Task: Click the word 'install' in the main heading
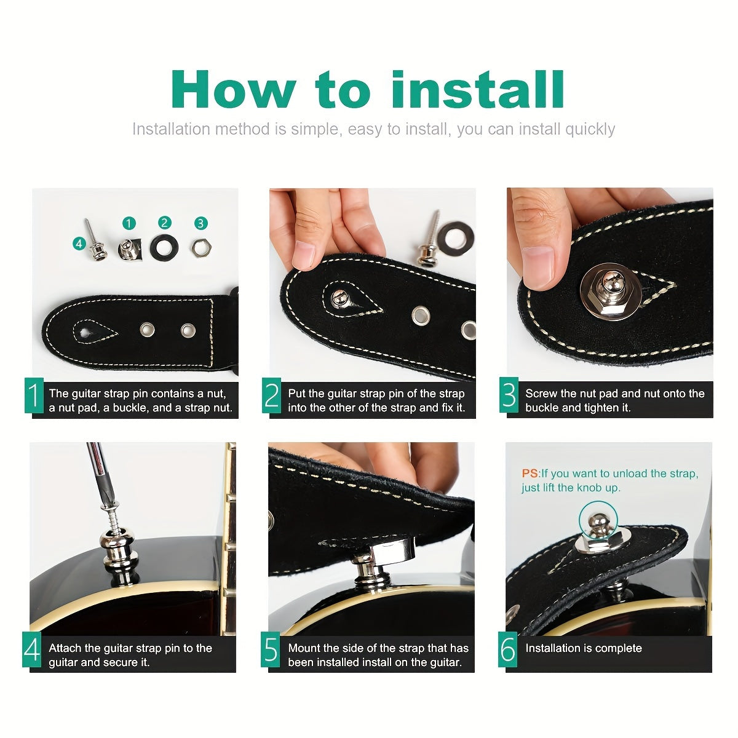click(x=478, y=89)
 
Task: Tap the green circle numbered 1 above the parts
click(x=129, y=223)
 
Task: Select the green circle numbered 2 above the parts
click(x=165, y=223)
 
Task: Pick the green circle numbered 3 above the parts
click(x=200, y=223)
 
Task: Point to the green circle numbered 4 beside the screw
click(x=79, y=243)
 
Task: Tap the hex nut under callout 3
click(x=202, y=248)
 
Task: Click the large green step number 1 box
click(x=34, y=395)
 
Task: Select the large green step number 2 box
click(x=272, y=395)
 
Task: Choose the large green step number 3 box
click(x=509, y=394)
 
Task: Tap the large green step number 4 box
click(x=32, y=649)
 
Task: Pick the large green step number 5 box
click(x=271, y=649)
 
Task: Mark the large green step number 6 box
click(x=507, y=649)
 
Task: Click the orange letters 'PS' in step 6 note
click(x=530, y=474)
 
